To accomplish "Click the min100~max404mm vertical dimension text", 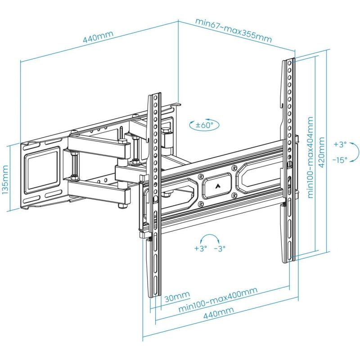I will [310, 157].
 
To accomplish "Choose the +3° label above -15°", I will [340, 144].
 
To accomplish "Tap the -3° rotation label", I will [220, 248].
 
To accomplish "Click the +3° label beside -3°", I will [200, 248].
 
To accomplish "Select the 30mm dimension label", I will [177, 297].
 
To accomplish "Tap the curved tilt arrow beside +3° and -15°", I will [355, 152].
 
